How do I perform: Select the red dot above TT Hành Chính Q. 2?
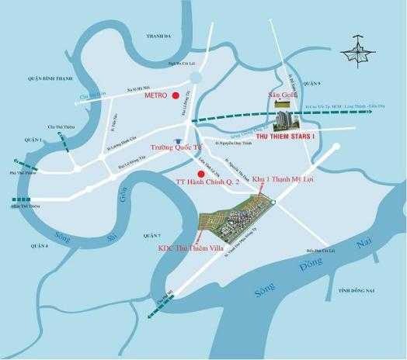pos(201,173)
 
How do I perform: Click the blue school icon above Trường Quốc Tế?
pos(179,141)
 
